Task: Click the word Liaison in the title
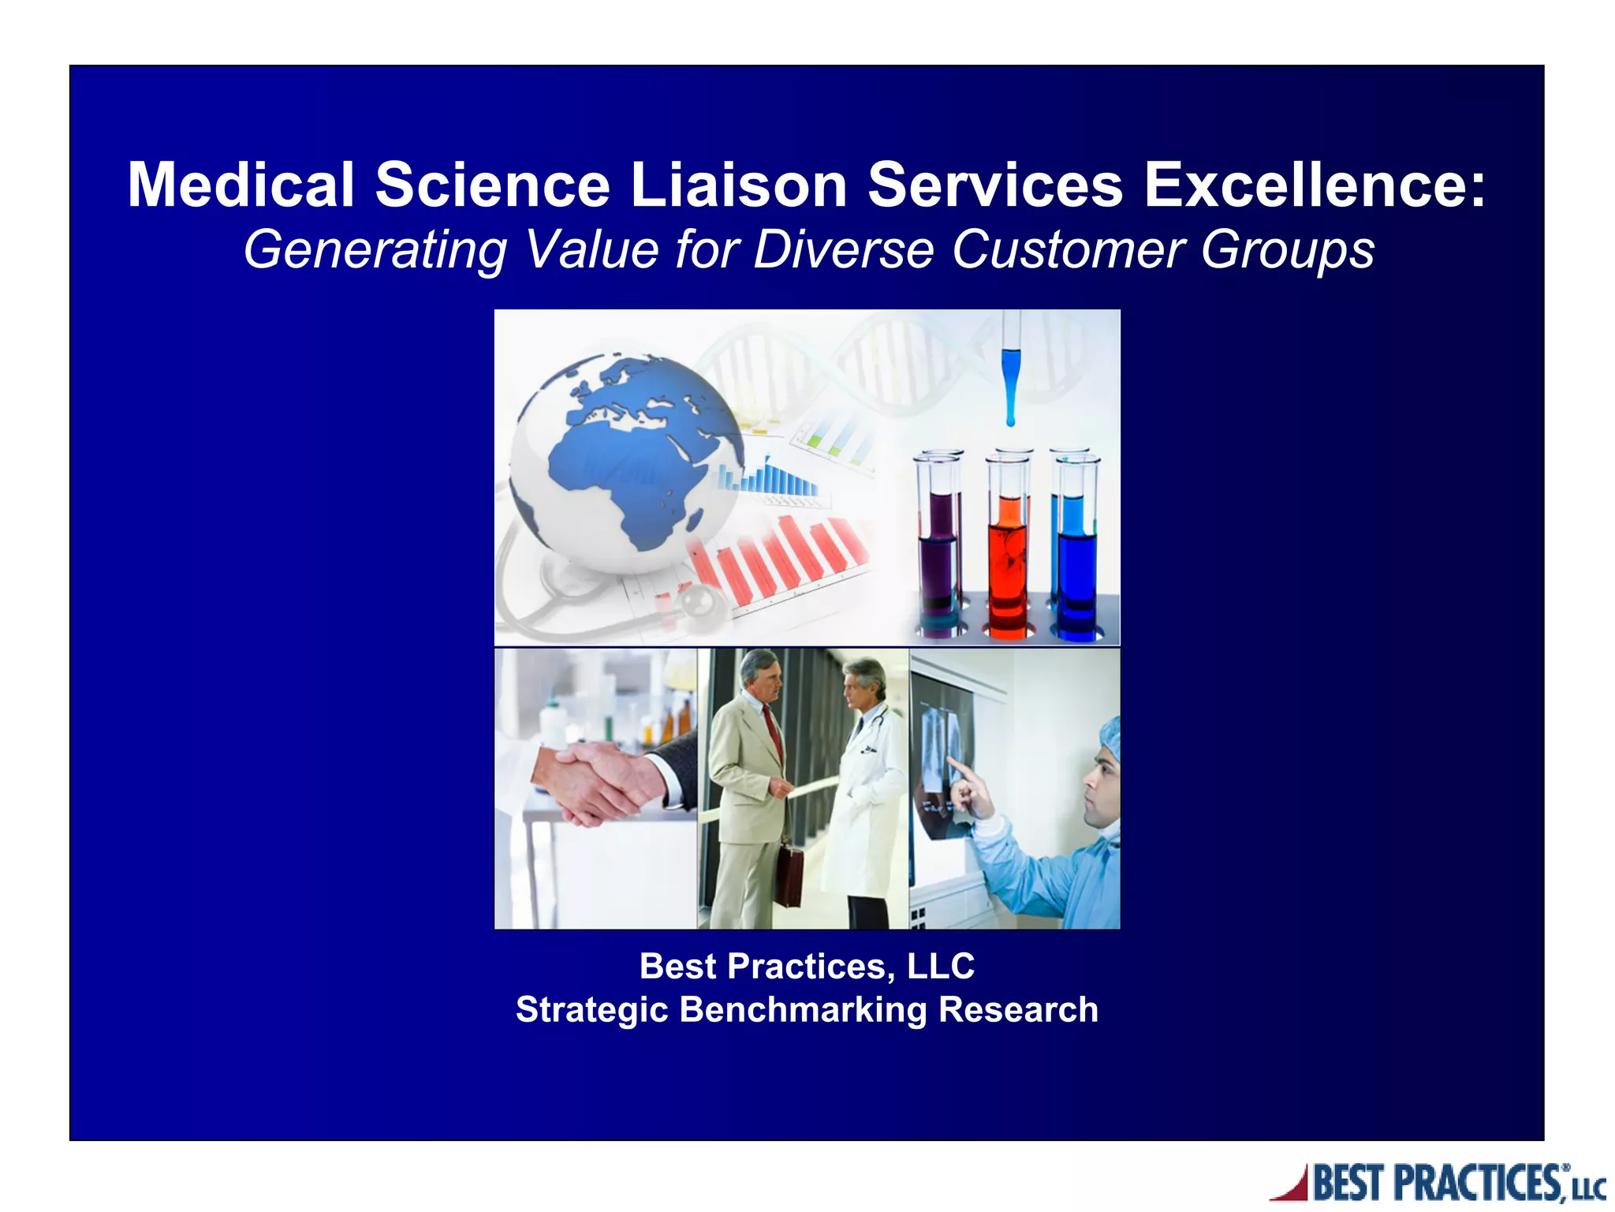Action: [x=739, y=185]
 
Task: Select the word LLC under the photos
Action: [x=941, y=967]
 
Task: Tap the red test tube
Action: [x=1008, y=552]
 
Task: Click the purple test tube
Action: [x=939, y=552]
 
